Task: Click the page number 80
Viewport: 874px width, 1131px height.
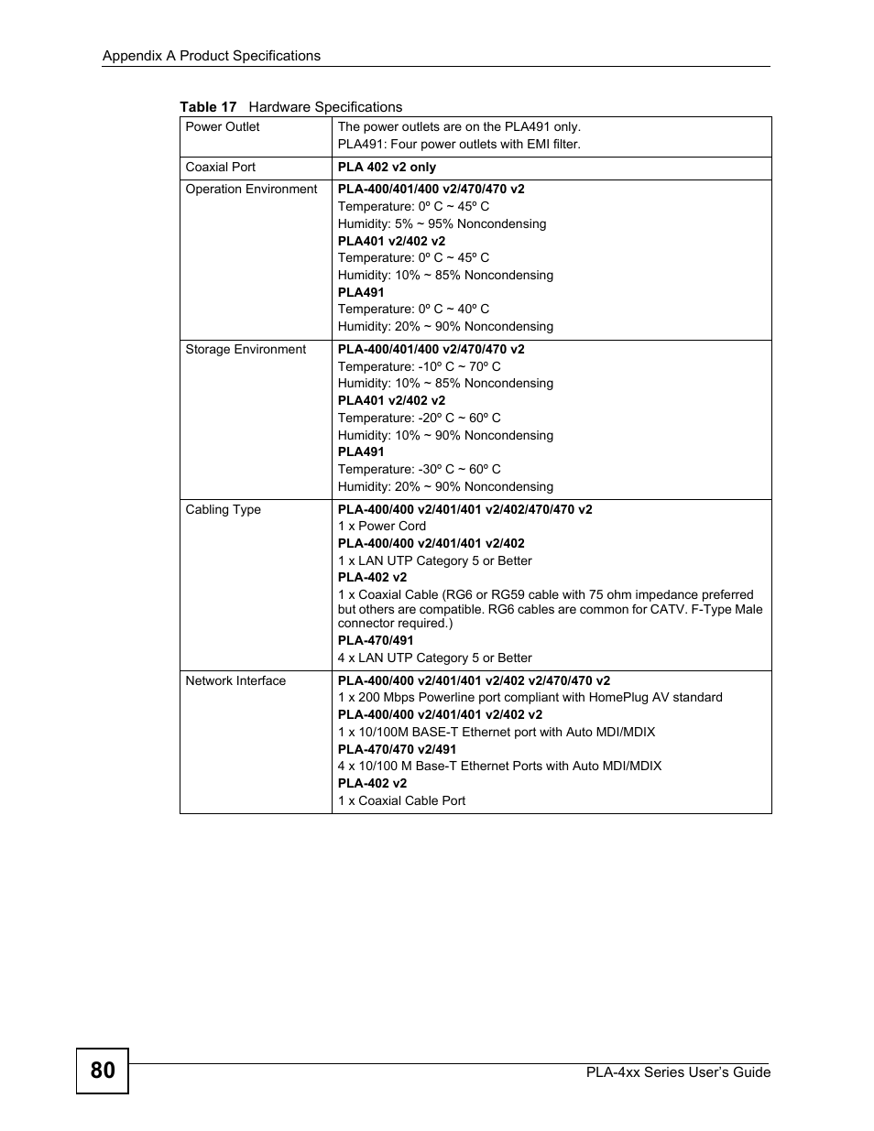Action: coord(103,1071)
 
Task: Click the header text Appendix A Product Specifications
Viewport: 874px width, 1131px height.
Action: coord(211,56)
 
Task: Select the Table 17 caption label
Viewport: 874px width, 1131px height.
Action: coord(208,107)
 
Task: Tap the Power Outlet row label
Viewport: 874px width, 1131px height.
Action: coord(223,127)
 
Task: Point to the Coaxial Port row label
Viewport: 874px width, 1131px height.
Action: coord(220,168)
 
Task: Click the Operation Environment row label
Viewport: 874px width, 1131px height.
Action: coord(251,190)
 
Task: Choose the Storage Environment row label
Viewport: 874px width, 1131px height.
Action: coord(246,350)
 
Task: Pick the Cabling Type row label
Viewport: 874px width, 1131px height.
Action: coord(223,510)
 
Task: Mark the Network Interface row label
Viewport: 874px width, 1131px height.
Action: coord(235,681)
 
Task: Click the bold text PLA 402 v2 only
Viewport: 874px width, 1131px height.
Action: coord(387,168)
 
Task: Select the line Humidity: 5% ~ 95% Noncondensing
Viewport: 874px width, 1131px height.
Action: coord(442,224)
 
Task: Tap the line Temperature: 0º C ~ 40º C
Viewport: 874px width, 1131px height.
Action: coord(413,310)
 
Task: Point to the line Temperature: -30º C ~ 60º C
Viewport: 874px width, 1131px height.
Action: coord(419,470)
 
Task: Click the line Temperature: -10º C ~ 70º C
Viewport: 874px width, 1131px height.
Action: coord(419,367)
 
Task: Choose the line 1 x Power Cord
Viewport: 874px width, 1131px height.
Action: coord(381,527)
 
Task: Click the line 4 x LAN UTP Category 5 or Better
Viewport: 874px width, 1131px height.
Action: coord(434,658)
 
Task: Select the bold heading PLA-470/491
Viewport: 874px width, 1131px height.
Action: coord(376,641)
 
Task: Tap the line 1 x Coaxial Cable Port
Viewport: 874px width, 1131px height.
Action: coord(401,801)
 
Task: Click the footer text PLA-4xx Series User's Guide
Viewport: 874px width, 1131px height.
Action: coord(678,1072)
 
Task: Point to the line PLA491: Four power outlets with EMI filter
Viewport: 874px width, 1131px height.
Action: coord(459,145)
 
